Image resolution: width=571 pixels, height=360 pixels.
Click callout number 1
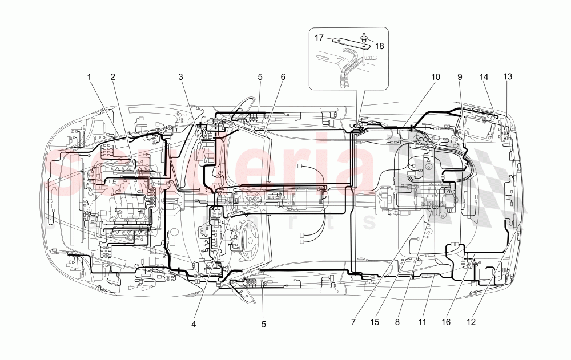click(89, 76)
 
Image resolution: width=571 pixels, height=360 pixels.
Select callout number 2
click(113, 76)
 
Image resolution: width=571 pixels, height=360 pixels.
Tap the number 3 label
click(180, 76)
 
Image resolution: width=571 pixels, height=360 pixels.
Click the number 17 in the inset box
click(319, 38)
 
